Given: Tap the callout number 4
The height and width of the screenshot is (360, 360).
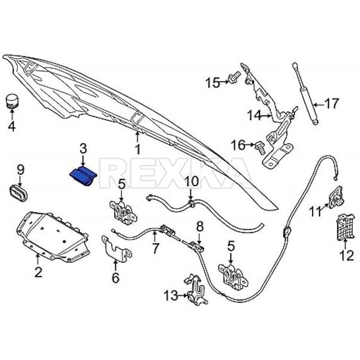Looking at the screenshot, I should (11, 126).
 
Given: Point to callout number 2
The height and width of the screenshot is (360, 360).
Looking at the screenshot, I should (38, 272).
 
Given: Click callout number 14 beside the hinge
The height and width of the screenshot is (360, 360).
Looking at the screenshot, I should (254, 116).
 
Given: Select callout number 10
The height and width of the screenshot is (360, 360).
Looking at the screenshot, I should (191, 182).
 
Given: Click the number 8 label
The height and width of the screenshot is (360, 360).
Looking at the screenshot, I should (199, 226).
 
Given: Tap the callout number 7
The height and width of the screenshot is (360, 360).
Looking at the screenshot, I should (155, 247).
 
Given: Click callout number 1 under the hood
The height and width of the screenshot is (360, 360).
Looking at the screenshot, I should (138, 148).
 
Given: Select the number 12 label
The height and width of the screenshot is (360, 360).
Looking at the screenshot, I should (346, 256).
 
